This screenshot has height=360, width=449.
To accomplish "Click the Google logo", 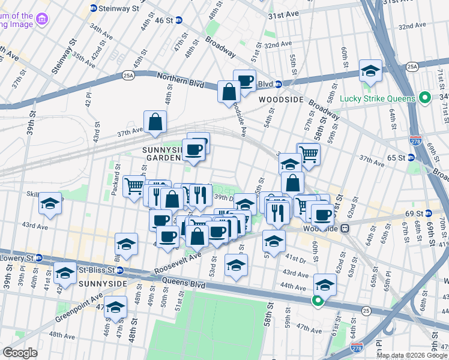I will tap(20, 353).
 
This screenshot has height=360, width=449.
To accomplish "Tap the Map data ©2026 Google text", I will tap(412, 355).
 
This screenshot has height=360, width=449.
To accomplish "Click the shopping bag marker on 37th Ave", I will tap(155, 122).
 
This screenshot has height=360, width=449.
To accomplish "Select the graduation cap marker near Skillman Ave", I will tap(50, 204).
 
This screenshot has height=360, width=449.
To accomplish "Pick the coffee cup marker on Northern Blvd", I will tap(244, 80).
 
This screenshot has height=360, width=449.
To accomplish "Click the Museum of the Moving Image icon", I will tap(42, 20).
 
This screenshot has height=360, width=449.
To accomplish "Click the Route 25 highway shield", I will tap(366, 310).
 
